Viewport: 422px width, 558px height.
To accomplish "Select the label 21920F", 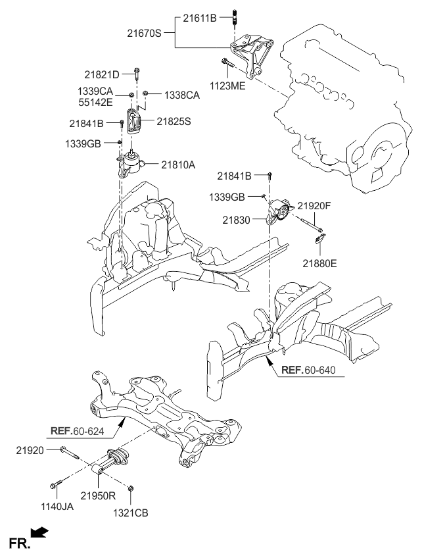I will (x=314, y=206).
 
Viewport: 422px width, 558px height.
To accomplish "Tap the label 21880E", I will (x=319, y=263).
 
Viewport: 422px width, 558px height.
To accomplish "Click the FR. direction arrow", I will (x=40, y=531).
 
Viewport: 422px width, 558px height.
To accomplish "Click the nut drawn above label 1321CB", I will (x=131, y=489).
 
